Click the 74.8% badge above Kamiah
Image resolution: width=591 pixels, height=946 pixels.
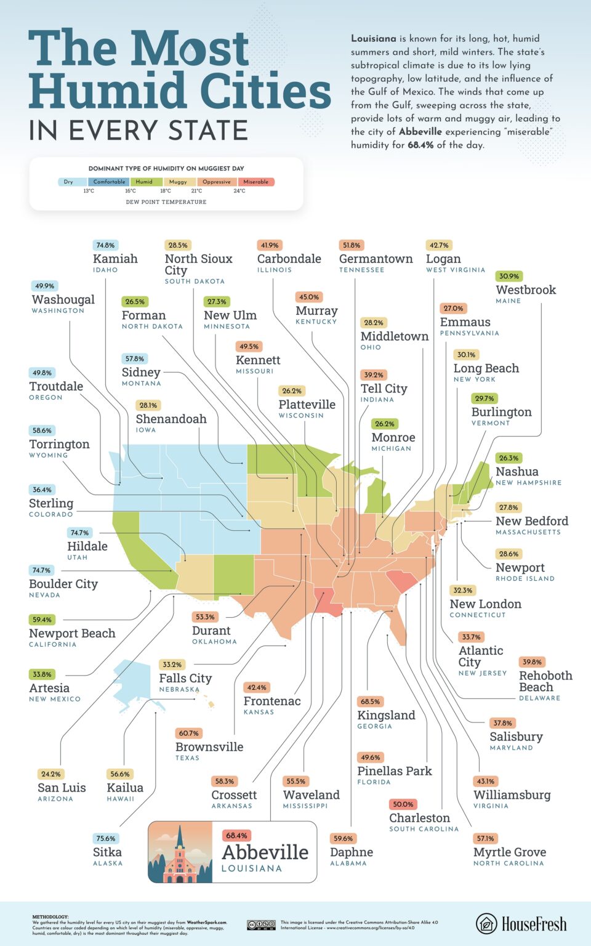[105, 245]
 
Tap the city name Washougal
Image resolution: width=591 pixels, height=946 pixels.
[63, 299]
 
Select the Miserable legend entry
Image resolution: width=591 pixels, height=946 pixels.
[255, 182]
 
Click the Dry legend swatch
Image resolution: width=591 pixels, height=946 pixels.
[69, 182]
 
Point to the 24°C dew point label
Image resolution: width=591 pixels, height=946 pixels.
[239, 191]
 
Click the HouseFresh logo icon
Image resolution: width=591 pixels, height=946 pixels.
[486, 924]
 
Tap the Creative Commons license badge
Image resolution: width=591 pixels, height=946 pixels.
[261, 924]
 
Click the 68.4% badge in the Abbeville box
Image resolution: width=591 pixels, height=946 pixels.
[236, 836]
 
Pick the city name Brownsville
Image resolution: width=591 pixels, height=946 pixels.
[209, 747]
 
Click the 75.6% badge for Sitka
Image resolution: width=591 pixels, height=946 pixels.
[106, 838]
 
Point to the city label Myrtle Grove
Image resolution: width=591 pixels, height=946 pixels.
[510, 852]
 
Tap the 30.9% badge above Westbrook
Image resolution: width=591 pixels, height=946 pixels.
[509, 276]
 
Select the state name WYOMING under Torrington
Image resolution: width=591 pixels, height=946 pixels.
[49, 455]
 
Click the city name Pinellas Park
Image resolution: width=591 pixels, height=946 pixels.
[395, 771]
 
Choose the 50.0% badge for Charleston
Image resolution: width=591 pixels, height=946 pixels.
[403, 804]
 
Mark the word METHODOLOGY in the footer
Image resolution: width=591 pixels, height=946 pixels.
[50, 917]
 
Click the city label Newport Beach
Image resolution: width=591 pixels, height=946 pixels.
[72, 633]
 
